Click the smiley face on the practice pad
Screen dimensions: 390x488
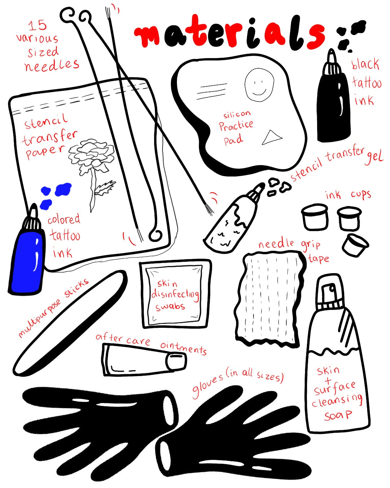[x=259, y=85]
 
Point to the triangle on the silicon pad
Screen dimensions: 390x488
[x=271, y=137]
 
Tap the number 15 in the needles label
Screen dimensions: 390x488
[x=38, y=26]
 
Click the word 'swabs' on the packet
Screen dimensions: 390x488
[x=170, y=307]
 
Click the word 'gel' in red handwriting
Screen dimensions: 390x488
[x=374, y=158]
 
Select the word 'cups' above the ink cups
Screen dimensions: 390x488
[x=361, y=195]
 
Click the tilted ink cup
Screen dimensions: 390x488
[x=355, y=245]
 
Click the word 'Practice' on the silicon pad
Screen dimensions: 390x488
[x=236, y=126]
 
